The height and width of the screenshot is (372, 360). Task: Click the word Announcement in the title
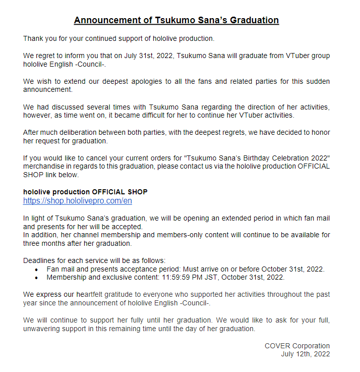107,20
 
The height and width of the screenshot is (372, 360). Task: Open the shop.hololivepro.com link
78,200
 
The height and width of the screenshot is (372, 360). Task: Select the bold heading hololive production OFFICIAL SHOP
85,192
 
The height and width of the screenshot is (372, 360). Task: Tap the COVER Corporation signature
297,346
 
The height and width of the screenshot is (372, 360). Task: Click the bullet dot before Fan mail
36,269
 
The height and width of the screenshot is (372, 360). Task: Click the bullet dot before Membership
36,277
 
